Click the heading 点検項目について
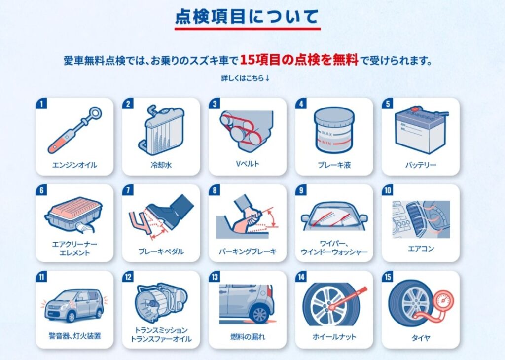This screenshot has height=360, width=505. [247, 17]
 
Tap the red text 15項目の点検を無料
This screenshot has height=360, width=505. [299, 60]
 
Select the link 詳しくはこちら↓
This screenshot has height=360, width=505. [245, 78]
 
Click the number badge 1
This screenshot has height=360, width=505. [41, 104]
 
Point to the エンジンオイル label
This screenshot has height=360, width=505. [74, 165]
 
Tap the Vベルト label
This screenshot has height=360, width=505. [248, 164]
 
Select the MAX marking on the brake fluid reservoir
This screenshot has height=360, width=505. [326, 133]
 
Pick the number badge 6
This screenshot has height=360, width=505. [41, 190]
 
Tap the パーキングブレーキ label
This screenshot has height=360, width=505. [248, 252]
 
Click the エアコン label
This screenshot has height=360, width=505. [421, 249]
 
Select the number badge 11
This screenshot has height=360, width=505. [41, 277]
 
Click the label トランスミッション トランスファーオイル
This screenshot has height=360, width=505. [161, 334]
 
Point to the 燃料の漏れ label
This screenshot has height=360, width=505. [248, 337]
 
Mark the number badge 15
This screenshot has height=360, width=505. [388, 277]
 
